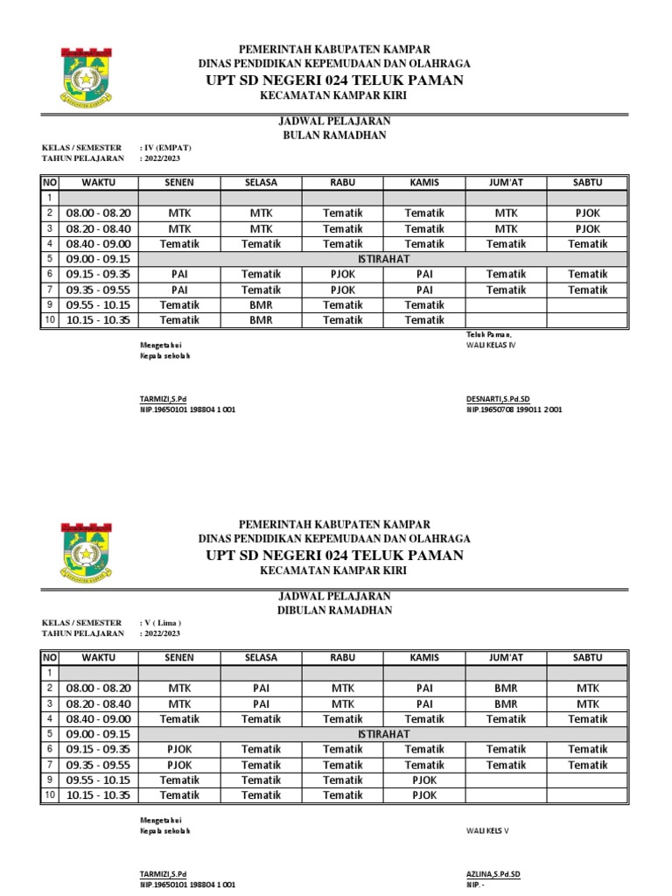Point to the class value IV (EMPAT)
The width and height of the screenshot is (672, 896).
[165, 148]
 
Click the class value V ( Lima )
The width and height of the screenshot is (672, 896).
[161, 622]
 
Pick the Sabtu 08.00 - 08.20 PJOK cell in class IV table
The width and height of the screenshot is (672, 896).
[587, 213]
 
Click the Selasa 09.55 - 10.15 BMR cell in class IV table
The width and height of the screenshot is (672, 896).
[262, 305]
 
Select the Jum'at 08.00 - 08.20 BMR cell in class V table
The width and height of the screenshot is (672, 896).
[506, 688]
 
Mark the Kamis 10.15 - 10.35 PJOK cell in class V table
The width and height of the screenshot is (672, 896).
[424, 795]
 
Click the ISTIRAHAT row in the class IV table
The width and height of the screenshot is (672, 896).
[383, 259]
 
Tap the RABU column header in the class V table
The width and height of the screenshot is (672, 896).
[342, 657]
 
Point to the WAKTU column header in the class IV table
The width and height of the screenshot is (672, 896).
[98, 182]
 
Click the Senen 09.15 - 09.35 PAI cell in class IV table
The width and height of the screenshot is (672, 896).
[179, 274]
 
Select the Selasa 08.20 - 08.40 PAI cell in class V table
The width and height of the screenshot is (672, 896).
[262, 703]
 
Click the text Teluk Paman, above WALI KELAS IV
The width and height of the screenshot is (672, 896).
[488, 334]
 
